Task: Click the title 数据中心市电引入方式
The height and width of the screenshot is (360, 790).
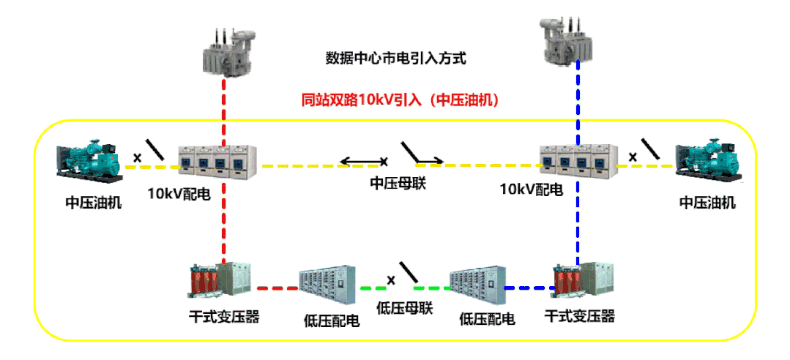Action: (395, 58)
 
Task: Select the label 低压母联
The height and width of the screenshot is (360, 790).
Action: (404, 308)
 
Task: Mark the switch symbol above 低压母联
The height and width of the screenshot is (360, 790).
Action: (408, 273)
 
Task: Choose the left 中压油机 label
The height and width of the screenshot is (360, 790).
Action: (94, 203)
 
